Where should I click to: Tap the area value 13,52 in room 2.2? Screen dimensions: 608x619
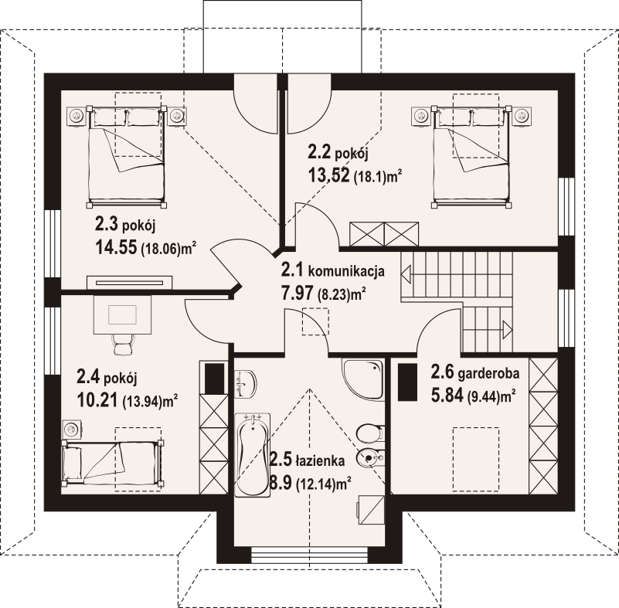coord(328,175)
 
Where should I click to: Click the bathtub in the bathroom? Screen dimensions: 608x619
coord(253,455)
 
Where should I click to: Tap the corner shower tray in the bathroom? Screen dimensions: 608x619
coord(363,379)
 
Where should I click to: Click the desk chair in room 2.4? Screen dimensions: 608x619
coord(122,342)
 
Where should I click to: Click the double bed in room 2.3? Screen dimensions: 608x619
coord(128,155)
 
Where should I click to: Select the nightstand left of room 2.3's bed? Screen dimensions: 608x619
coord(77,116)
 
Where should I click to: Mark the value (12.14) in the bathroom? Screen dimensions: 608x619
coord(318,484)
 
